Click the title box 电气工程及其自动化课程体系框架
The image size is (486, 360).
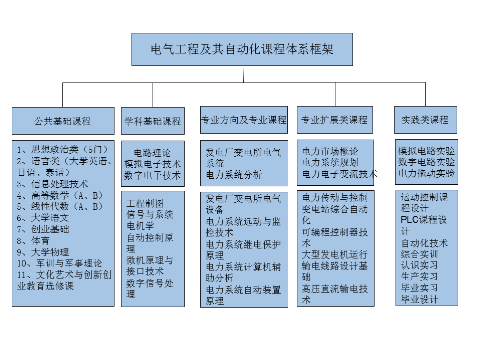click(x=242, y=49)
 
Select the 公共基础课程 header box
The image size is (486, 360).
click(x=63, y=121)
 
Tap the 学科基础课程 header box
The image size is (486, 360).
click(x=153, y=121)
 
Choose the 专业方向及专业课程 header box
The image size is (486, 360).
click(x=244, y=120)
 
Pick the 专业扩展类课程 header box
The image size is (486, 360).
click(x=335, y=120)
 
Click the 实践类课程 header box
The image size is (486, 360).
click(x=426, y=120)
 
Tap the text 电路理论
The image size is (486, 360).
click(x=152, y=153)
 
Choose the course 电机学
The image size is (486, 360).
click(x=140, y=226)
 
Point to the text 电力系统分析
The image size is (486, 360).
click(x=234, y=175)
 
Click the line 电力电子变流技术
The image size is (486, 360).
click(x=339, y=174)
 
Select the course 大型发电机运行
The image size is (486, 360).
click(x=335, y=255)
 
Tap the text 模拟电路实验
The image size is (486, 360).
click(x=426, y=151)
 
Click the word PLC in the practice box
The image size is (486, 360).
click(x=409, y=220)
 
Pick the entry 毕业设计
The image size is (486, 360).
click(x=419, y=300)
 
